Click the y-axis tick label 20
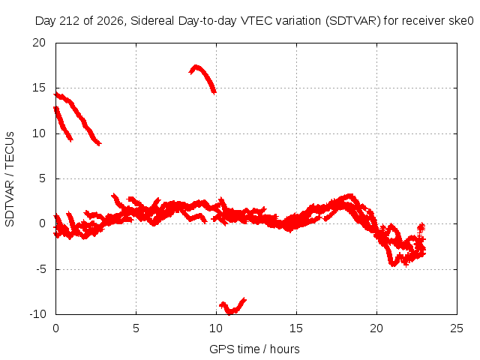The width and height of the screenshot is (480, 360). pyautogui.click(x=39, y=43)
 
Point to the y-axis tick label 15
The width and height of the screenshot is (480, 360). pyautogui.click(x=39, y=88)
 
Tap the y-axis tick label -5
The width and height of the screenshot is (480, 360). pyautogui.click(x=41, y=269)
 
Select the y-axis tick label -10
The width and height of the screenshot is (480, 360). pyautogui.click(x=37, y=314)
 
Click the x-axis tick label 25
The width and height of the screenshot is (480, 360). pyautogui.click(x=457, y=328)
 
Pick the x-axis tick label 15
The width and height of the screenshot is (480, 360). pyautogui.click(x=296, y=328)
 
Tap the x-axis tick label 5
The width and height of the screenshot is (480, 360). pyautogui.click(x=136, y=328)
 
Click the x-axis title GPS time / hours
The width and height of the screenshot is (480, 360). pyautogui.click(x=254, y=349)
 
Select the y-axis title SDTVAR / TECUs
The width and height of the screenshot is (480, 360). pyautogui.click(x=10, y=179)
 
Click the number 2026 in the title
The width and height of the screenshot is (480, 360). pyautogui.click(x=110, y=21)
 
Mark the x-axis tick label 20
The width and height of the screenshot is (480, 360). pyautogui.click(x=376, y=328)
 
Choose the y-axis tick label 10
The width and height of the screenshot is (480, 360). pyautogui.click(x=39, y=133)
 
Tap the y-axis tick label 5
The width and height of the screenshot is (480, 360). pyautogui.click(x=43, y=178)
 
